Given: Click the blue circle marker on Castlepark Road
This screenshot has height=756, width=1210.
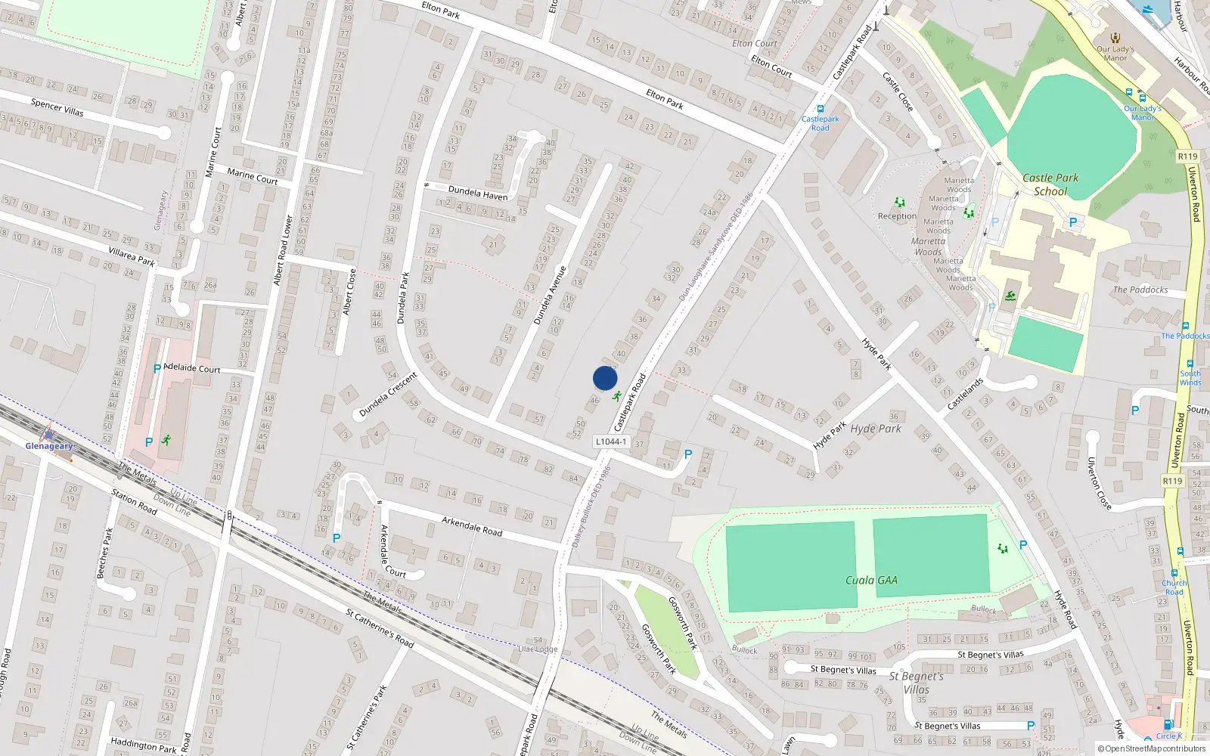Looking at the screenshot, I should point(605,378).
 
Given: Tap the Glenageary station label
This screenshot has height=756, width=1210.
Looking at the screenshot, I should point(49,446).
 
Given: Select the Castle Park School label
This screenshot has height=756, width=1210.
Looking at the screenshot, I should point(1050,184).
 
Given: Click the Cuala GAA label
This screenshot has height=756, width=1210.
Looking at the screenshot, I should point(871,580).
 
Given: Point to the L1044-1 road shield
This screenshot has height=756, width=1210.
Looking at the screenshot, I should point(610,442).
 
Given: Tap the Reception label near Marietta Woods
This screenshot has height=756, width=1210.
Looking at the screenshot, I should point(897,216).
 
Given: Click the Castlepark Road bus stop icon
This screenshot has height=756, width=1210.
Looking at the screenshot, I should point(821,109).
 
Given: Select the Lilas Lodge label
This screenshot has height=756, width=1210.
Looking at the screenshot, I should point(538,649).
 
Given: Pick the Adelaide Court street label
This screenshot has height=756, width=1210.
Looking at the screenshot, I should point(192,369).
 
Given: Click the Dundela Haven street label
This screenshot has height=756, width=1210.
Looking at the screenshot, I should point(478,193).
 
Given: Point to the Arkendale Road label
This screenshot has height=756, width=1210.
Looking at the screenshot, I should point(472,526).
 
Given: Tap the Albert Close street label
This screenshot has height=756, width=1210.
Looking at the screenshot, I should point(349,292).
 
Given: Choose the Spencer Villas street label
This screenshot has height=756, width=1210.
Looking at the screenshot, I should point(57,107).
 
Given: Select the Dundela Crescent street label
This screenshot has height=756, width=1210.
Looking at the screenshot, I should point(388,395).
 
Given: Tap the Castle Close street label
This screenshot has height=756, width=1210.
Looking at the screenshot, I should point(898,91).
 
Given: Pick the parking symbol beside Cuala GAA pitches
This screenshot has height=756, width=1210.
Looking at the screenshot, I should point(1023,545).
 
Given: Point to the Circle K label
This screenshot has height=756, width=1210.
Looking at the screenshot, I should point(1168,736).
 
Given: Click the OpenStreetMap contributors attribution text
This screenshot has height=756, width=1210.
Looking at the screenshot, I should point(1152,749).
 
